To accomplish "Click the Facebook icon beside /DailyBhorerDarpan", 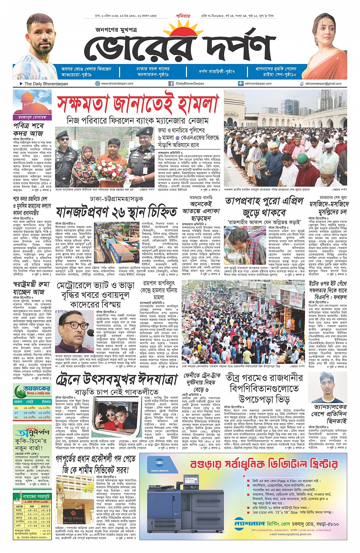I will point(171,83).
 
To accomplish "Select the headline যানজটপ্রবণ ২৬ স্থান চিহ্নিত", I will point(117,212).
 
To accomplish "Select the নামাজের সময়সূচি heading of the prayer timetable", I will point(34,497).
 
